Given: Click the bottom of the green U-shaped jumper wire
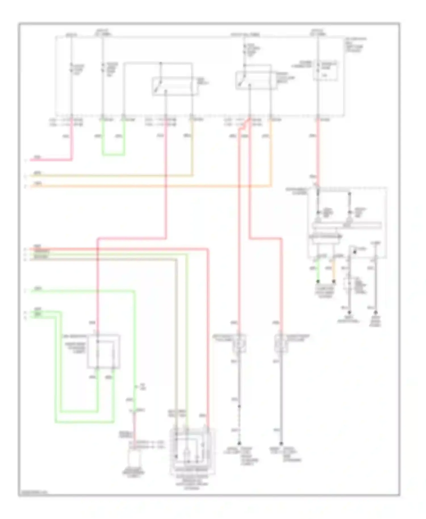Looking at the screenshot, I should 113,155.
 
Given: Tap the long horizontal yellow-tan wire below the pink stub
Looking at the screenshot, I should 114,176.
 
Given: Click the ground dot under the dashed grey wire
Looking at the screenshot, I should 239,443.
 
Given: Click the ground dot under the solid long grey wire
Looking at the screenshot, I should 281,443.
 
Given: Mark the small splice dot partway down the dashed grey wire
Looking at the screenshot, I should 239,406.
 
